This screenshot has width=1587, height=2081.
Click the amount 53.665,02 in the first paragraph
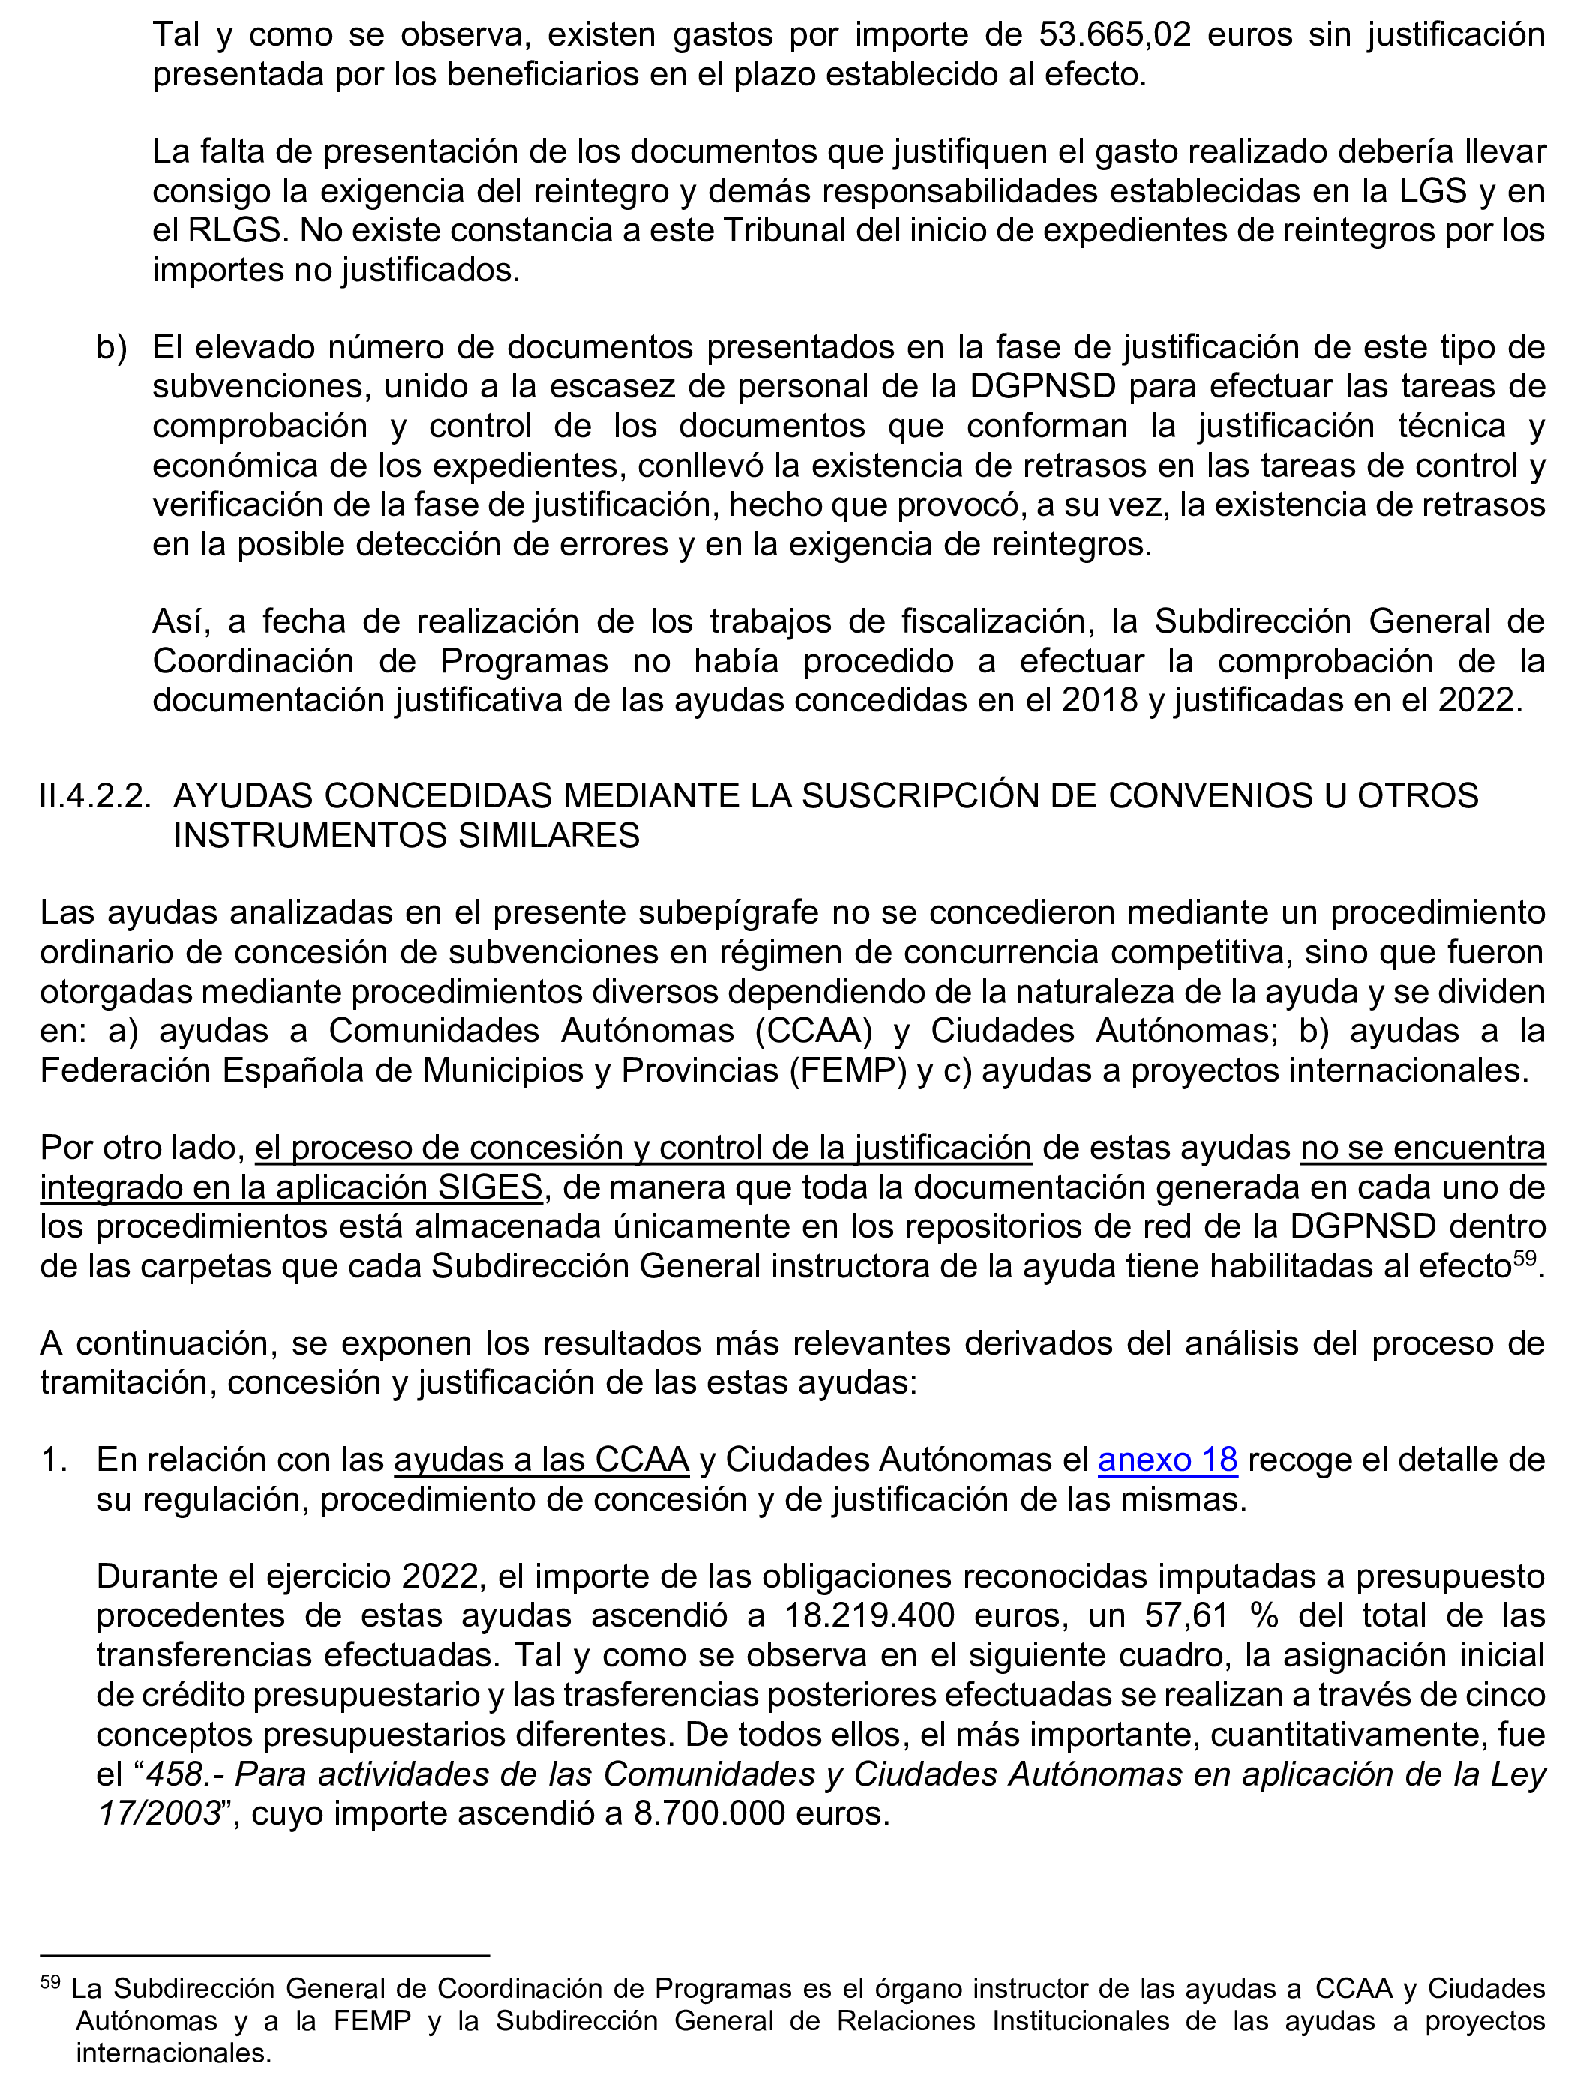pyautogui.click(x=1114, y=35)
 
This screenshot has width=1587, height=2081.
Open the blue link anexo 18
pyautogui.click(x=1168, y=1460)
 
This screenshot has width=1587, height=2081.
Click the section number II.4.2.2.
pyautogui.click(x=94, y=796)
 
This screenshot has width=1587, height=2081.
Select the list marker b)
pyautogui.click(x=112, y=348)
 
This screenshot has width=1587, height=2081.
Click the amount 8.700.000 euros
pyautogui.click(x=761, y=1814)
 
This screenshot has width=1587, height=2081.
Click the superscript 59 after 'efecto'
pyautogui.click(x=1525, y=1256)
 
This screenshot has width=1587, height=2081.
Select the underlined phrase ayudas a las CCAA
pyautogui.click(x=541, y=1460)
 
